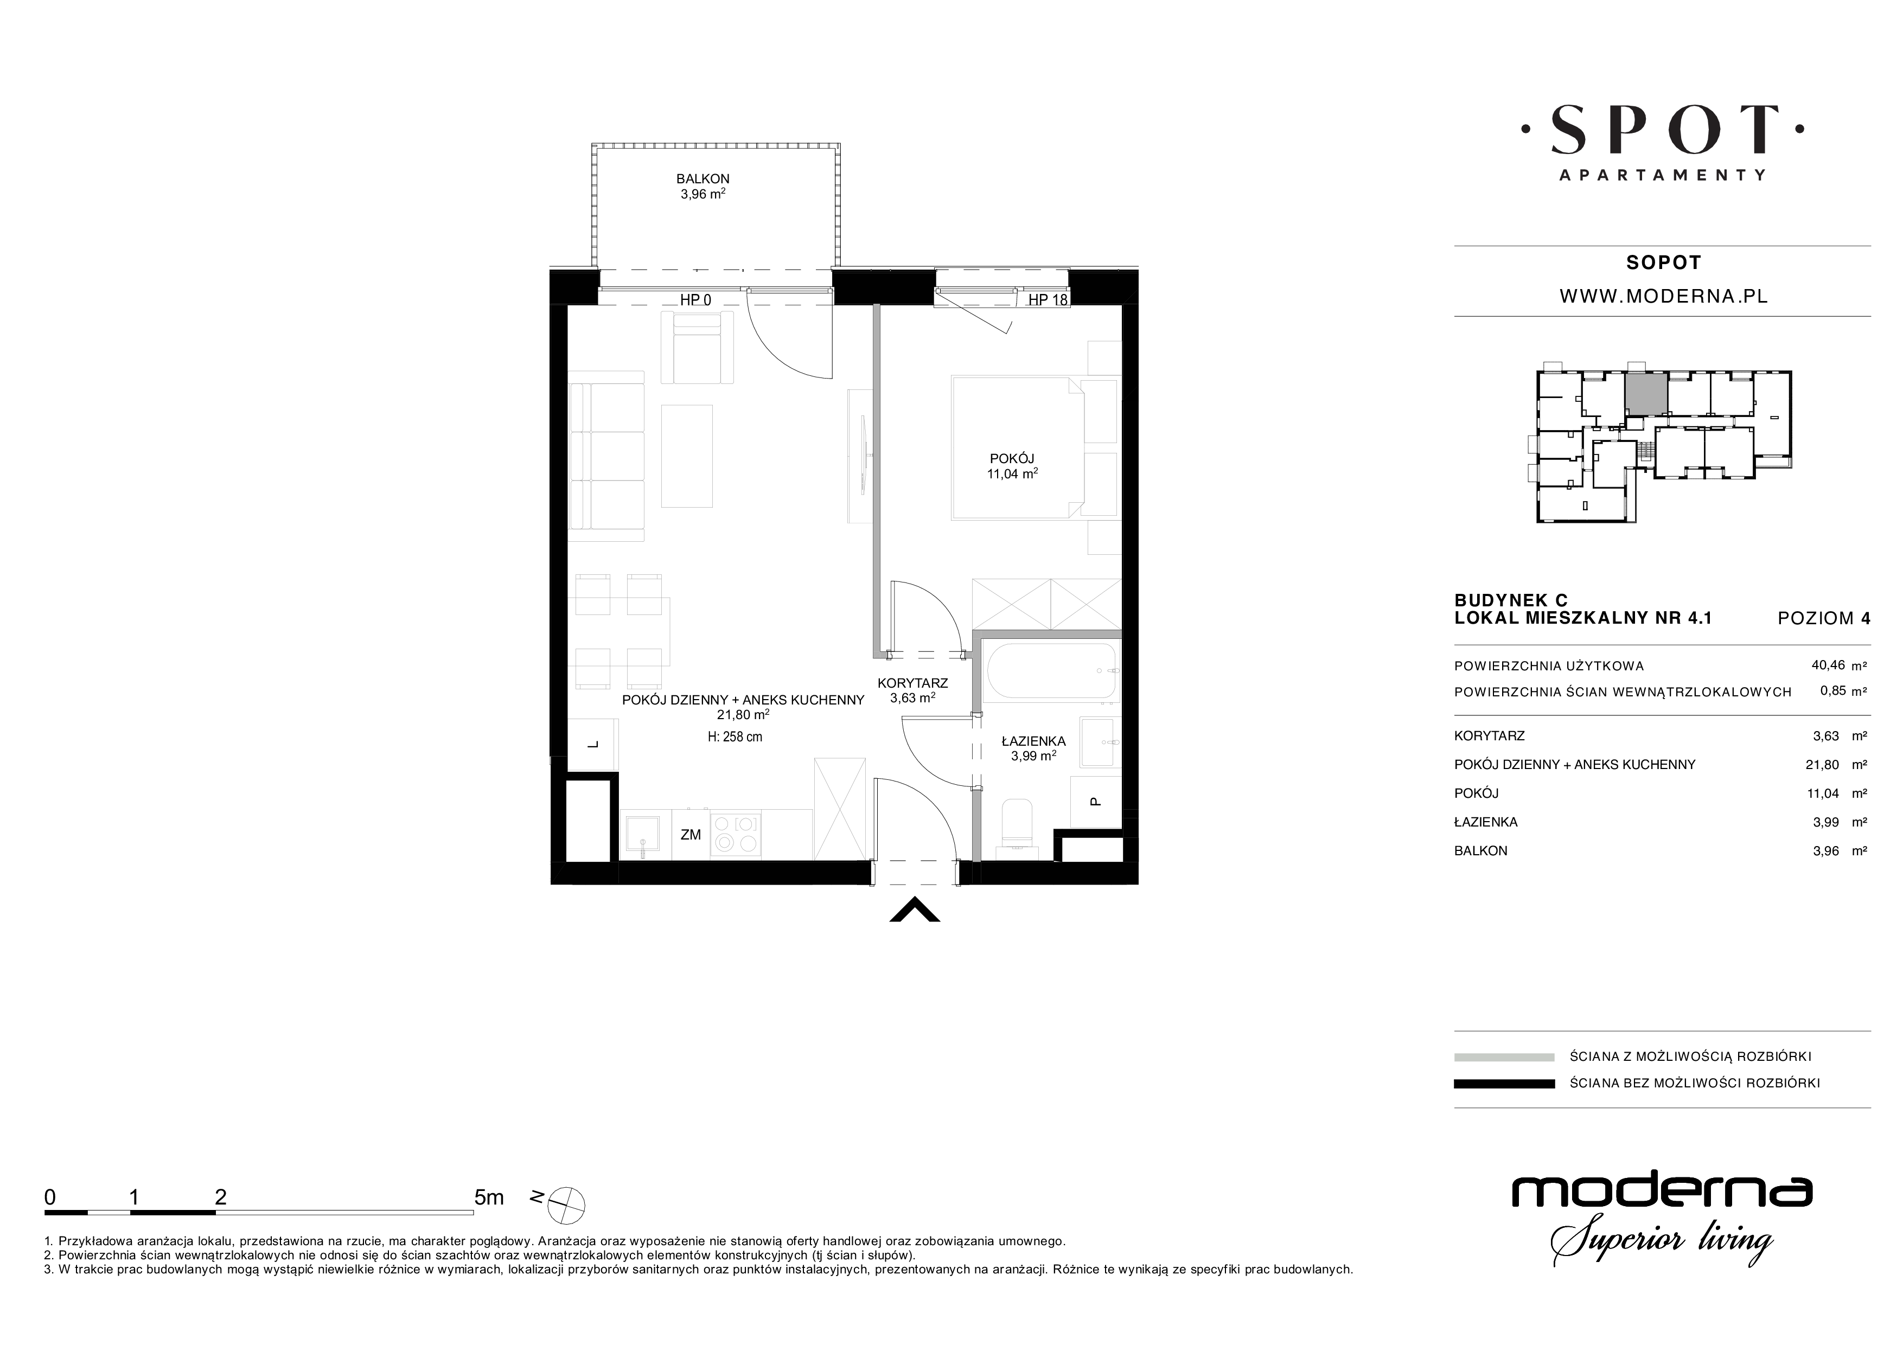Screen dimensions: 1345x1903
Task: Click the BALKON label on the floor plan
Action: point(702,178)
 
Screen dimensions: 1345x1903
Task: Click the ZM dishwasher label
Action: point(691,835)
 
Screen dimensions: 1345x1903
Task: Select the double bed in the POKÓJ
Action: point(1018,449)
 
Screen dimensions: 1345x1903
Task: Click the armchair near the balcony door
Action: point(698,348)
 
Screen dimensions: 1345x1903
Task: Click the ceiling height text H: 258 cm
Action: point(735,736)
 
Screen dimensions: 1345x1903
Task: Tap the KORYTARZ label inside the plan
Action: point(912,683)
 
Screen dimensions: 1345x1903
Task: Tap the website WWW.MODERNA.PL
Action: point(1663,296)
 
